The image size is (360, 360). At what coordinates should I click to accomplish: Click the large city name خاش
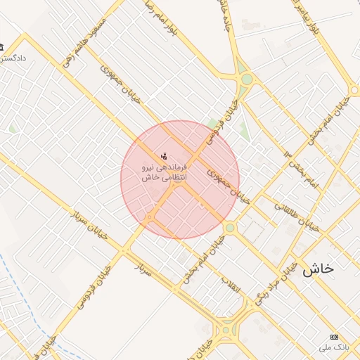pos(318,268)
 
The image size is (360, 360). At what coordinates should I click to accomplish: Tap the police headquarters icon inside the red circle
pos(164,155)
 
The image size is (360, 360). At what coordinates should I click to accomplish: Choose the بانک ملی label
pos(333,347)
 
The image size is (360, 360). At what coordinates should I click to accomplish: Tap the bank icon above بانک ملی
pos(334,337)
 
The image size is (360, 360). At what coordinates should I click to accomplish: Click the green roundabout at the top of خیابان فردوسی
pos(245,79)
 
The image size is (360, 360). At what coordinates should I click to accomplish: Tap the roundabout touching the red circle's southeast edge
pos(230,228)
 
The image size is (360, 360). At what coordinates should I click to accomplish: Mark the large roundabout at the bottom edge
pos(226,329)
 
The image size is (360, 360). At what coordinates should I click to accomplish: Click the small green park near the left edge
pos(13,129)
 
